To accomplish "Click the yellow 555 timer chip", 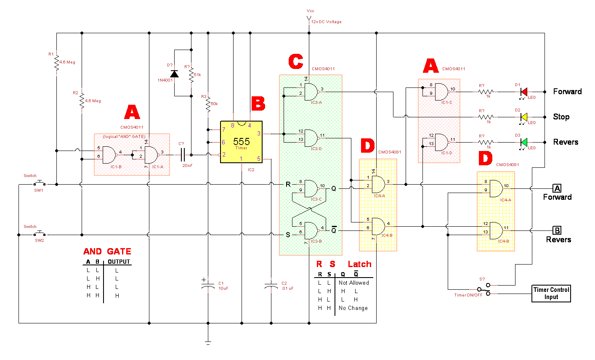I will tap(241, 142).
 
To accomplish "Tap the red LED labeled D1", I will tap(524, 92).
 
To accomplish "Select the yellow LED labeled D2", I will tap(524, 117).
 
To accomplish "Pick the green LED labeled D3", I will tap(524, 142).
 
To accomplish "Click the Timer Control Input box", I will tap(551, 293).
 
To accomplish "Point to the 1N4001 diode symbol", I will tap(174, 74).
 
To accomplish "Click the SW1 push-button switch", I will tap(40, 183).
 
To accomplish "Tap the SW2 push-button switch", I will tap(40, 234).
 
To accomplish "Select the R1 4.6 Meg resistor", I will tap(56, 63).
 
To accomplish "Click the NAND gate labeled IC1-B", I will tap(109, 155).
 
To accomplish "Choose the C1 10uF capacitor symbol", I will tap(208, 286).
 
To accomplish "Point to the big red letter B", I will tap(258, 103).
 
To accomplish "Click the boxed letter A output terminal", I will tap(557, 188).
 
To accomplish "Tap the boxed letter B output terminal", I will tap(557, 230).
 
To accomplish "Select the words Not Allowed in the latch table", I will tap(353, 283).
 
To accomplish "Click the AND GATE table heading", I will tap(107, 251).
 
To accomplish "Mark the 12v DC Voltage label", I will tap(326, 22).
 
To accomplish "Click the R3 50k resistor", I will tap(208, 104).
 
